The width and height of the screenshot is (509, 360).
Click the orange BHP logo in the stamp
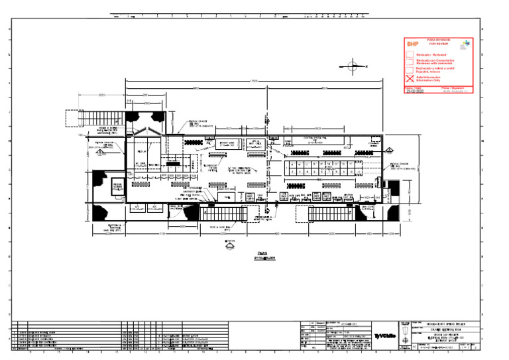(x=413, y=44)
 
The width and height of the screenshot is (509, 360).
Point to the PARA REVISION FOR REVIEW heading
(x=437, y=42)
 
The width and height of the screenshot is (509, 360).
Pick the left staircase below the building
(x=223, y=214)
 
